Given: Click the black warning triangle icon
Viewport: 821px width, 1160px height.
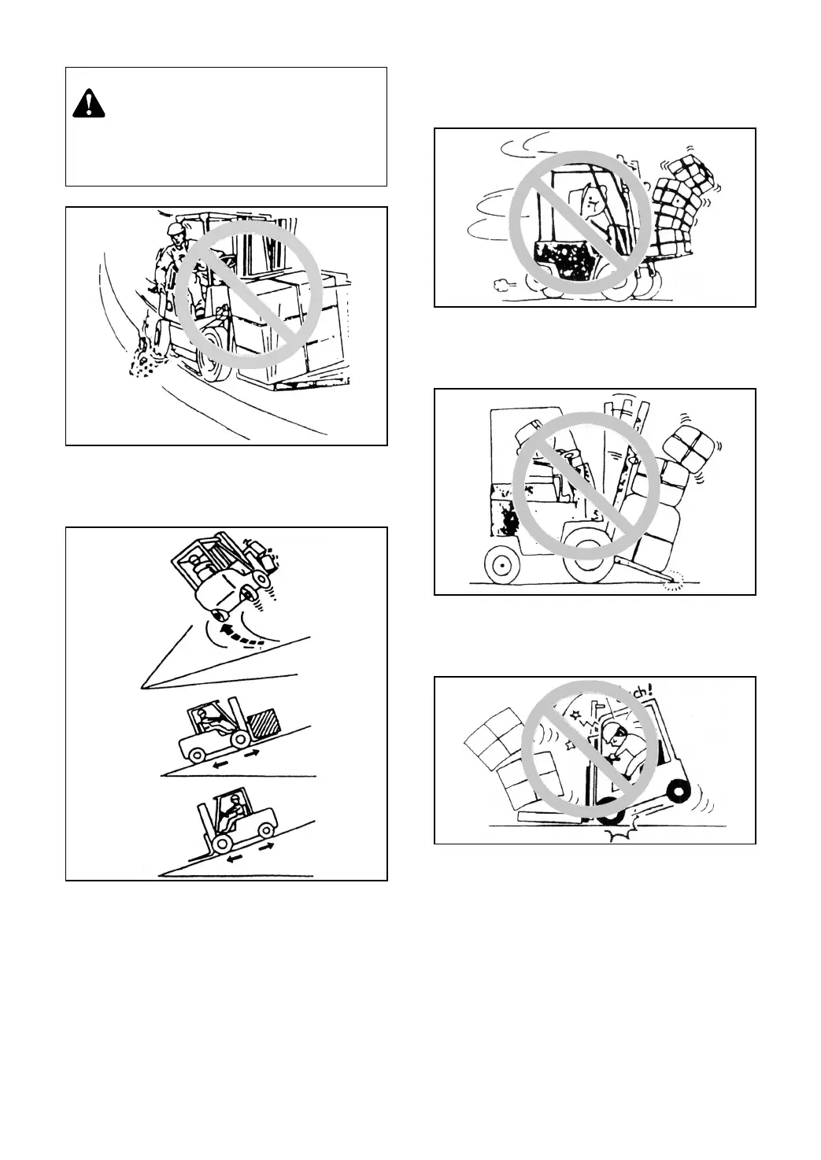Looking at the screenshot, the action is [90, 105].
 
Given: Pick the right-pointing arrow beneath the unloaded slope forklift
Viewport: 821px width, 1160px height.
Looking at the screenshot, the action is [268, 845].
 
